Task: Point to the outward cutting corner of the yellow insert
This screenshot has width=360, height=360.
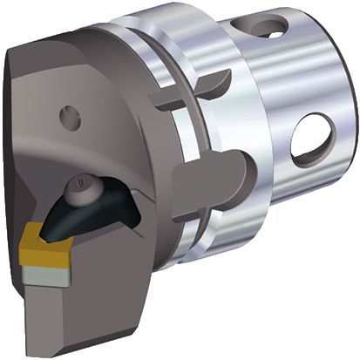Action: click(x=24, y=241)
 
